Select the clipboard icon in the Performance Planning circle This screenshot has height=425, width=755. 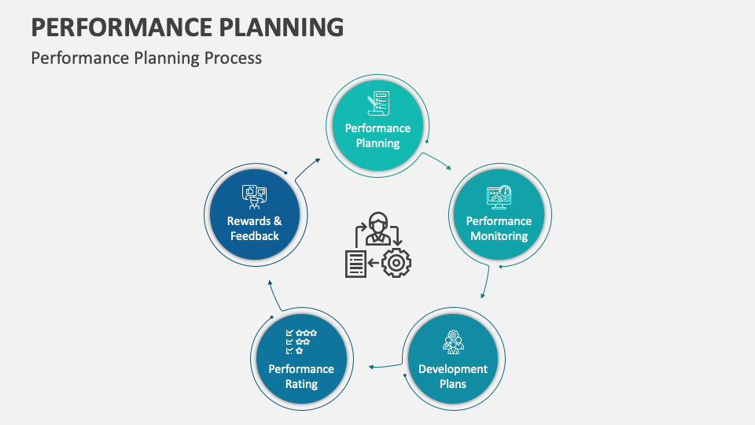(x=377, y=104)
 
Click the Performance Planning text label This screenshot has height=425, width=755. (x=377, y=135)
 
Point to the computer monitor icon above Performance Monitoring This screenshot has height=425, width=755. (x=499, y=196)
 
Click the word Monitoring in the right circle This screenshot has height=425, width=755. (x=499, y=236)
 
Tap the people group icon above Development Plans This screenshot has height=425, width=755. (x=453, y=341)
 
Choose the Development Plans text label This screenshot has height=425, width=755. (x=453, y=376)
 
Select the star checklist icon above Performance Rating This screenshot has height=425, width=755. (x=301, y=342)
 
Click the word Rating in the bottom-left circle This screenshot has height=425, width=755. (x=301, y=385)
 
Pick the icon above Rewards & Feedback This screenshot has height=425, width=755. (x=255, y=195)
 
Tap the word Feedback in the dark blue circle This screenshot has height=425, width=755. (x=255, y=236)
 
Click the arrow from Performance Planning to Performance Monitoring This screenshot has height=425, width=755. (x=437, y=161)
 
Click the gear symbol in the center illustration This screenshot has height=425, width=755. (x=396, y=262)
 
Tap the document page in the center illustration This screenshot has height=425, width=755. (x=355, y=264)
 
